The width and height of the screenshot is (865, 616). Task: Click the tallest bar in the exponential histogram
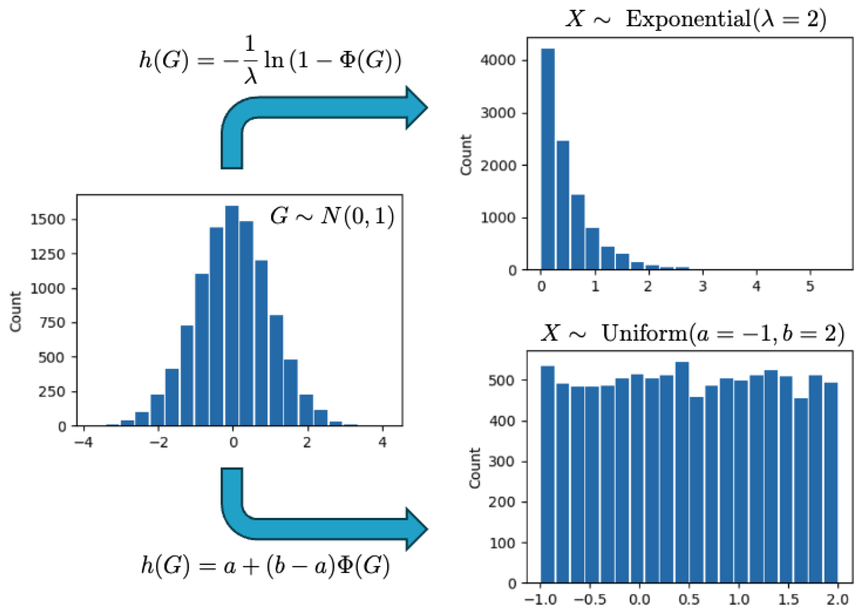[547, 159]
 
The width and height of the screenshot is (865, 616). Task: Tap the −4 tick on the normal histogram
[83, 442]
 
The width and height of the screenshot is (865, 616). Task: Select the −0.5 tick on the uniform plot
[590, 599]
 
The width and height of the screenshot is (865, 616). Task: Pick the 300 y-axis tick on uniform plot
[501, 462]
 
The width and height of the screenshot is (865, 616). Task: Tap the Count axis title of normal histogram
[16, 312]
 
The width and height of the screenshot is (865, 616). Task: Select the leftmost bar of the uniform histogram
[547, 474]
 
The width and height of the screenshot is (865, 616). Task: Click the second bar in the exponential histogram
[563, 205]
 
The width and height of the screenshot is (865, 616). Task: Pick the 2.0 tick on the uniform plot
[837, 599]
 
